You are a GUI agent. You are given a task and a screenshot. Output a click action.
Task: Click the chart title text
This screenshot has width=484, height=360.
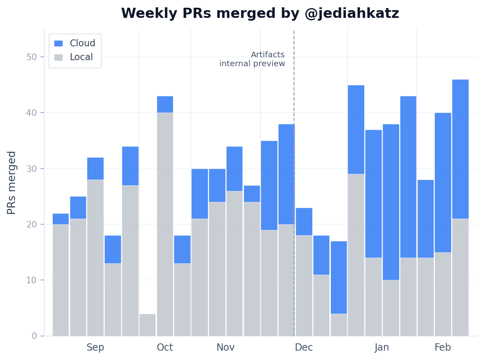pos(260,14)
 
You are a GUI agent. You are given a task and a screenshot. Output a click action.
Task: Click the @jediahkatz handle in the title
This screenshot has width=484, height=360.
pos(352,14)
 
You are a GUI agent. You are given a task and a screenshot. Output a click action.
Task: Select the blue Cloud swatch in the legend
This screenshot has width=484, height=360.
pos(58,43)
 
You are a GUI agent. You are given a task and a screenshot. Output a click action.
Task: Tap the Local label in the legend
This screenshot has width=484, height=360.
pos(81,57)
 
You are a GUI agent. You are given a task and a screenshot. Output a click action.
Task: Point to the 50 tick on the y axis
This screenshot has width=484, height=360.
pos(32,57)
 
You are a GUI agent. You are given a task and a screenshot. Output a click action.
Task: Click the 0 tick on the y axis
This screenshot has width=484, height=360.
pos(34,336)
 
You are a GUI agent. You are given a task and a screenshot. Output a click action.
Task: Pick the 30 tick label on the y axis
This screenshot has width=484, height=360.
pos(32,169)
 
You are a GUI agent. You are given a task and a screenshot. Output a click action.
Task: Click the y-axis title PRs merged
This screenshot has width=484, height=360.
pos(12,182)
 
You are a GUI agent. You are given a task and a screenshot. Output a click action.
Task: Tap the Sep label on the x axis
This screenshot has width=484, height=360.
pos(95,347)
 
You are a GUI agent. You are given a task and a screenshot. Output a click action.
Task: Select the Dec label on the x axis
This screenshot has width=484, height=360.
pos(304,347)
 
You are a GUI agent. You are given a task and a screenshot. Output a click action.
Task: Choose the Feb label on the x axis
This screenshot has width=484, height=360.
pos(443,347)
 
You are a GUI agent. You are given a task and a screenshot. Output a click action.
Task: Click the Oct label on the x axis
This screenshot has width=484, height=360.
pos(165,347)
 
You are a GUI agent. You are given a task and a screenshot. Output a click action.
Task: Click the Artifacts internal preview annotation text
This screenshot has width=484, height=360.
pos(252,59)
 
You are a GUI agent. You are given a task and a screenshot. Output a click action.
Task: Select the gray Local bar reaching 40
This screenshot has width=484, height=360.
pos(165,223)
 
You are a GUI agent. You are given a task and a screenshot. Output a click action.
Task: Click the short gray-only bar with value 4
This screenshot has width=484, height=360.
pos(147,325)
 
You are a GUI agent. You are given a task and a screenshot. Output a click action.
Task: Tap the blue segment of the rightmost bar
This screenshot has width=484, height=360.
pos(460,149)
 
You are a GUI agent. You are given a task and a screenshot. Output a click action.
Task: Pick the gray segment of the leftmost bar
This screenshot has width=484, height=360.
pos(61,280)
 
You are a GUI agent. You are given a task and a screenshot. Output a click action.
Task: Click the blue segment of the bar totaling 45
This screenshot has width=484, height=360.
pos(356,129)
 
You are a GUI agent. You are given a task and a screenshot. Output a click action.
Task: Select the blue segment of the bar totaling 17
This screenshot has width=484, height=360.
pos(339,277)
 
